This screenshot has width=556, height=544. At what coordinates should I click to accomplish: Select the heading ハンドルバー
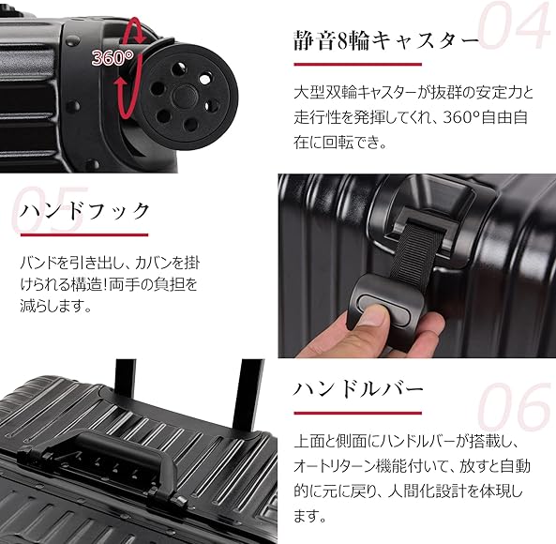point(359,388)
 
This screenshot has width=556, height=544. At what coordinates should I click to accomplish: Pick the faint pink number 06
point(515,410)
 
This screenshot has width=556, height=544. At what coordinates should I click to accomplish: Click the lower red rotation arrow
point(121,92)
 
